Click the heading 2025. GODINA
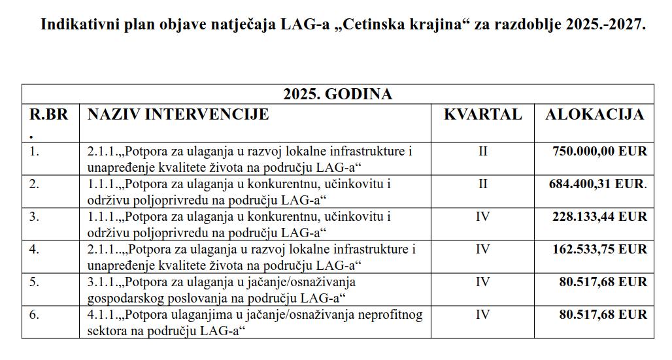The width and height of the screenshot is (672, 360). pos(337,94)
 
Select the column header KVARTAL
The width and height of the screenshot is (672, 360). pos(482,114)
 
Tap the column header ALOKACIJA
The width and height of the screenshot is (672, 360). pos(594,114)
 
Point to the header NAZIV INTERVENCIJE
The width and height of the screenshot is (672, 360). pos(178,114)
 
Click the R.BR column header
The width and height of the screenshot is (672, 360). pos(48,114)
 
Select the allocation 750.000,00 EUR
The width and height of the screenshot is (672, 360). pos(599,152)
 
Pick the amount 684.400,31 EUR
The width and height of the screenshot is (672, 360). pos(597,184)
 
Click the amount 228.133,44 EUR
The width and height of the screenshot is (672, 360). pos(599,217)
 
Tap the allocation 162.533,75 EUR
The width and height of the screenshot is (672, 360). pos(599,250)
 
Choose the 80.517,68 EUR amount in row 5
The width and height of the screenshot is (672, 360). pos(603,282)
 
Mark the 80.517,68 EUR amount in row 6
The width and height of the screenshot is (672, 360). pos(603,315)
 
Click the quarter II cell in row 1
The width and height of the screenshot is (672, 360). pos(482,152)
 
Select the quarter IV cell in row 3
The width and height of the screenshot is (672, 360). pos(482,217)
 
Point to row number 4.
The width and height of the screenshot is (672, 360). pos(35,250)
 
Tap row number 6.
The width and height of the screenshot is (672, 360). pos(35,315)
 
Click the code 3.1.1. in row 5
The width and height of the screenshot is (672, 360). pos(101,282)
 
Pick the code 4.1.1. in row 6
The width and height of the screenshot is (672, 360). pos(101,315)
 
